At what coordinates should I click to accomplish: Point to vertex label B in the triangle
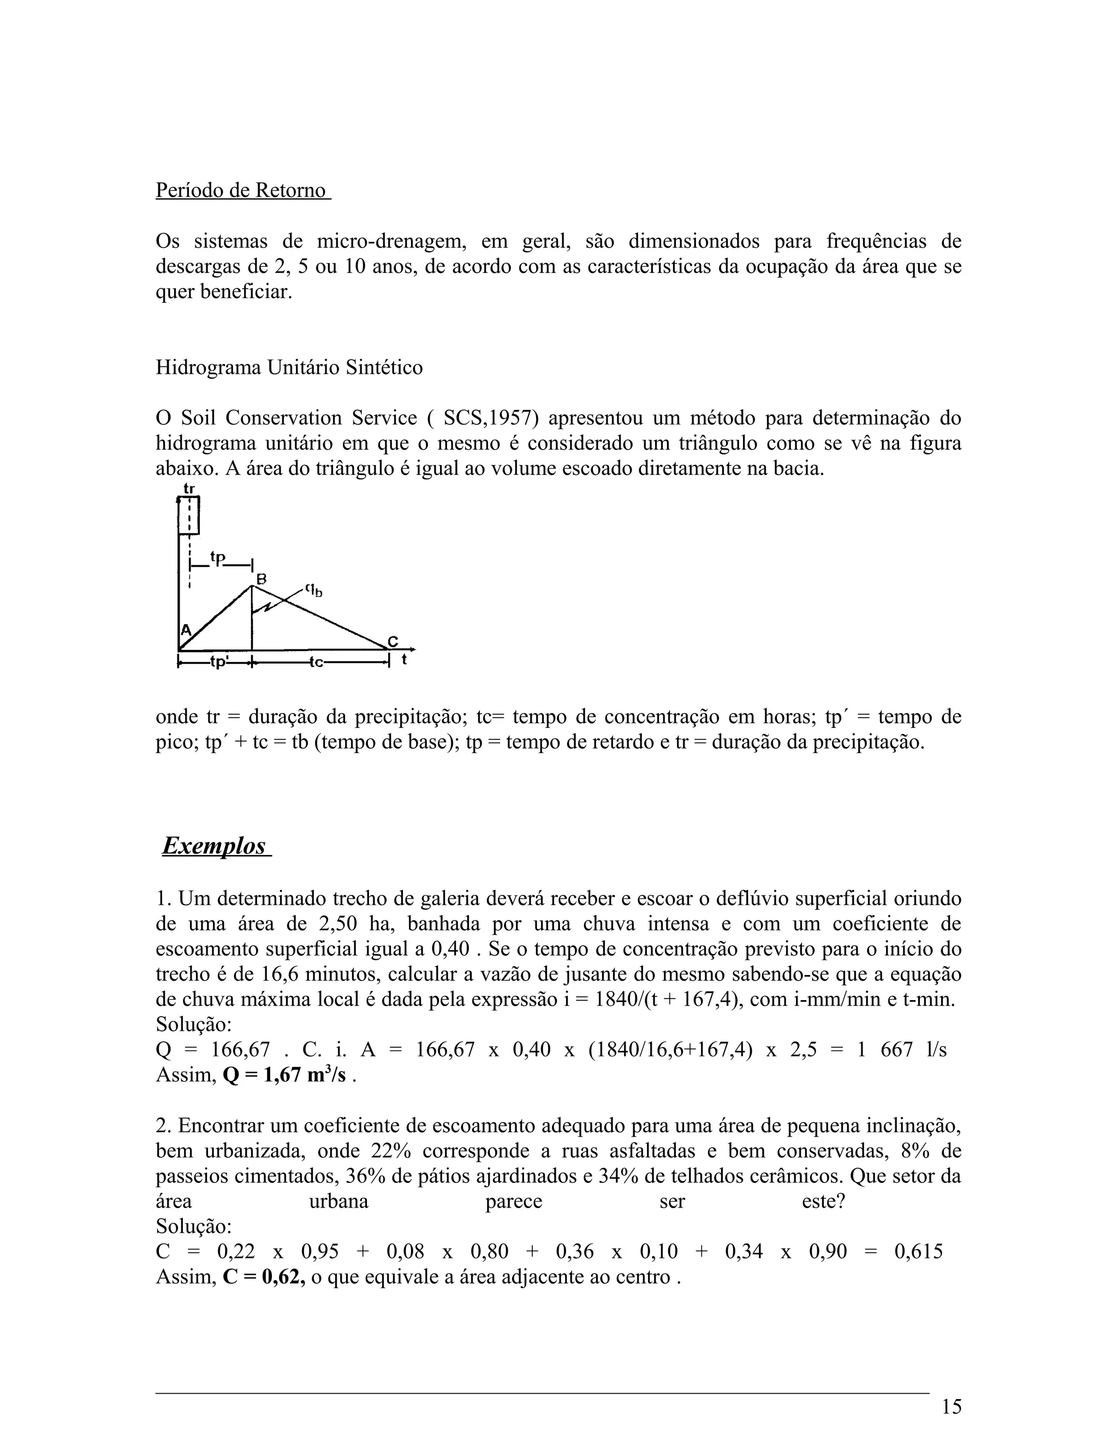pyautogui.click(x=261, y=578)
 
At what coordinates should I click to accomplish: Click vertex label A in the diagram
pyautogui.click(x=186, y=629)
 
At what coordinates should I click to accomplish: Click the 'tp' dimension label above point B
pyautogui.click(x=218, y=558)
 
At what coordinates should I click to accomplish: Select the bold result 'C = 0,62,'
pyautogui.click(x=264, y=1277)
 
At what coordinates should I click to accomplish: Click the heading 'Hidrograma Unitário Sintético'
pyautogui.click(x=289, y=367)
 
